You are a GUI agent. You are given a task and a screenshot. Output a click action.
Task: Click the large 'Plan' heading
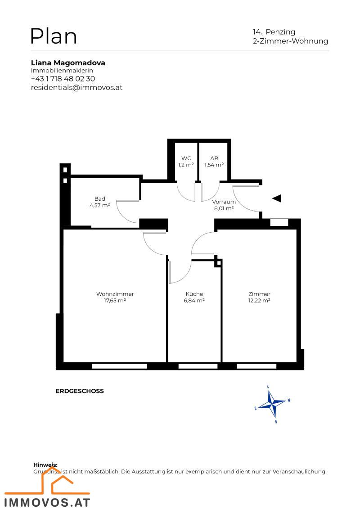pos(54,36)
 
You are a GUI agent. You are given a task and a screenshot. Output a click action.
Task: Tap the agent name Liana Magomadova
pos(68,63)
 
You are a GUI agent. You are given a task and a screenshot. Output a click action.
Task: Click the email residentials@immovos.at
pos(76,87)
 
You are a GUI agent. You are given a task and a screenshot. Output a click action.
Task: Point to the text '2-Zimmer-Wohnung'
pos(290,41)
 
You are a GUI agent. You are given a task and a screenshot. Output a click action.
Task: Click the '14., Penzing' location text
pos(274,32)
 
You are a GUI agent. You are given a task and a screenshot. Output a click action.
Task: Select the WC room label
pos(186,162)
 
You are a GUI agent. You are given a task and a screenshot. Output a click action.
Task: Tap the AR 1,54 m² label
pos(214,162)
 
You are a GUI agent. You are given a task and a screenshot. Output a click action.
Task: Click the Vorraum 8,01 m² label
pos(224,205)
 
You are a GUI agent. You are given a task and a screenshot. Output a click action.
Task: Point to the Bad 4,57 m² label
pos(99,202)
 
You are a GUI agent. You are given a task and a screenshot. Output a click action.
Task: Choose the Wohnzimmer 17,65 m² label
pos(115,297)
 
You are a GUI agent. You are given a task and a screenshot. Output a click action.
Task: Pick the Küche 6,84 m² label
pos(194,297)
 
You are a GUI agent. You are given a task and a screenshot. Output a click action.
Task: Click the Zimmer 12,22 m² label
pos(259,297)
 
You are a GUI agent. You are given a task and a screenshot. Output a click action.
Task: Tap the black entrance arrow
pos(276,198)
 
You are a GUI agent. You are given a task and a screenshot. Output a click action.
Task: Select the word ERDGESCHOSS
pos(80,391)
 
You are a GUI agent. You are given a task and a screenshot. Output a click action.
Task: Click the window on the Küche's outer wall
pos(194,366)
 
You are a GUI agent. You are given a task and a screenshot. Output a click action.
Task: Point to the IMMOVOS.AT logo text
pos(47,502)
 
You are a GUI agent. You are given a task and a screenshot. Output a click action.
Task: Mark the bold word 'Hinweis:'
pos(45,465)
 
